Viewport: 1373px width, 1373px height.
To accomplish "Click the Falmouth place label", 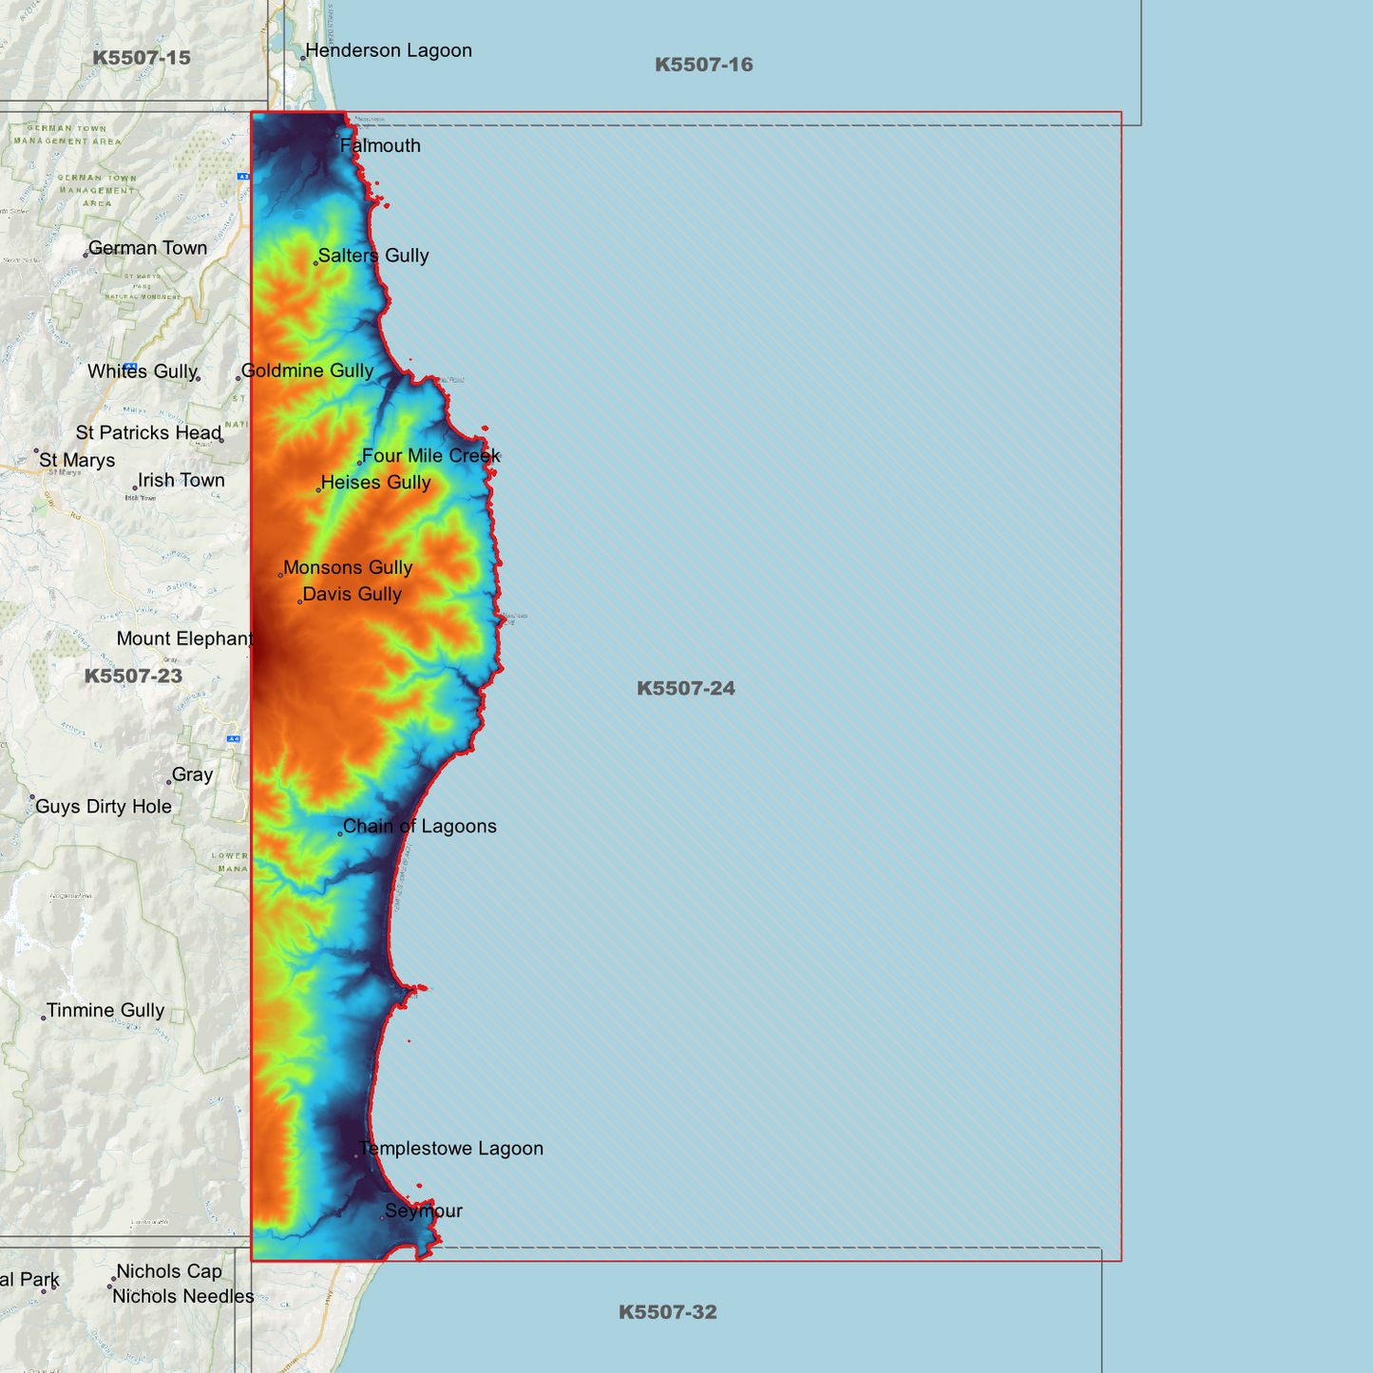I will [380, 146].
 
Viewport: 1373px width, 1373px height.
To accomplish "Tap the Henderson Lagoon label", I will [389, 51].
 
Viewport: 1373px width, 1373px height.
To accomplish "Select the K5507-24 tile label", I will [685, 688].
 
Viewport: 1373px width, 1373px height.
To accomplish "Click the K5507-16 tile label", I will [703, 65].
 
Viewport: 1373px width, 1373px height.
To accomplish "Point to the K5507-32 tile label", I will [667, 1312].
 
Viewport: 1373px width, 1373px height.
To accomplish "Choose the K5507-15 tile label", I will [142, 58].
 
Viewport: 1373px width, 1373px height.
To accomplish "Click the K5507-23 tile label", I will [133, 677].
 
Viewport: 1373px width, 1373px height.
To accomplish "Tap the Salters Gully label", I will [373, 256].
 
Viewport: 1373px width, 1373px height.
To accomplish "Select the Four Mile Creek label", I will [430, 456].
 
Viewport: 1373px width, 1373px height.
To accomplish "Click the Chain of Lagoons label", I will [419, 827].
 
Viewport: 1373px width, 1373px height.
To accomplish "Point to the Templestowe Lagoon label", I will [451, 1149].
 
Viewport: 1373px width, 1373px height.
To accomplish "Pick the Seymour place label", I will [424, 1211].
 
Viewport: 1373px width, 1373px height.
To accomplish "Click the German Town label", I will [147, 248].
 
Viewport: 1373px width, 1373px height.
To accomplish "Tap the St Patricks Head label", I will [148, 433].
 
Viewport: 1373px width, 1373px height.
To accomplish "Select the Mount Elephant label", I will [184, 639].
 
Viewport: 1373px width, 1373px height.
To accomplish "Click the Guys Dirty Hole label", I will [104, 807].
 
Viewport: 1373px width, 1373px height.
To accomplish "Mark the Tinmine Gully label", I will [105, 1011].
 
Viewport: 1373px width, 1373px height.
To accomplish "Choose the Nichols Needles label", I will [183, 1297].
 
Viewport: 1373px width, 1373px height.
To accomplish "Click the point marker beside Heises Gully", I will [318, 490].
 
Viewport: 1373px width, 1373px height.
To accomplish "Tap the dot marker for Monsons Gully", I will [280, 575].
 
